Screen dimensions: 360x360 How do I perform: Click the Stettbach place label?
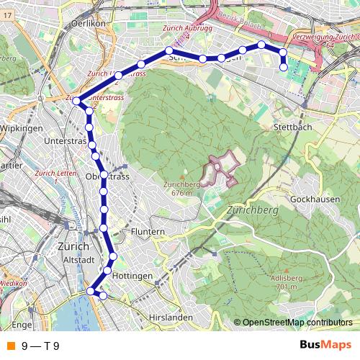(x=292, y=127)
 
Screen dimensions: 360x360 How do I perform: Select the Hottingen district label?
(x=132, y=276)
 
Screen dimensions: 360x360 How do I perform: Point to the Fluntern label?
(x=148, y=232)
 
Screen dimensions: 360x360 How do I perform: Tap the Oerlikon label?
(x=89, y=23)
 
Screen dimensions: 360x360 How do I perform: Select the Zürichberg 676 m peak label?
(x=180, y=187)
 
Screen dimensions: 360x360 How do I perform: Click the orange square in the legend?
(x=9, y=346)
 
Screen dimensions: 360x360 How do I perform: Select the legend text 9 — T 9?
(x=40, y=346)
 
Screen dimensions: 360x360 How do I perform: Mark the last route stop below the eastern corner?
(x=283, y=67)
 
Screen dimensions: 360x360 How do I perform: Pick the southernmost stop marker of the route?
(x=103, y=295)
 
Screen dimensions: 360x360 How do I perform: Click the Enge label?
(x=22, y=325)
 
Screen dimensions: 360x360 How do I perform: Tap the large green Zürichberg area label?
(x=252, y=210)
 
